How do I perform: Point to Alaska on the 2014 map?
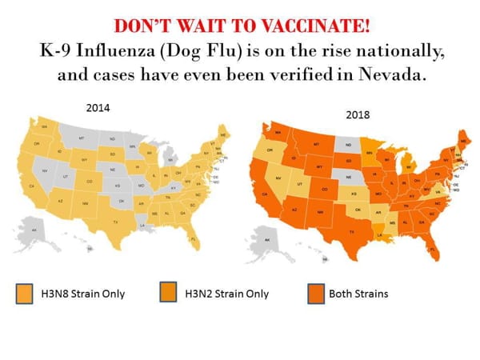tap(35, 230)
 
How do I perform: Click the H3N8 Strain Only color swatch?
tap(25, 293)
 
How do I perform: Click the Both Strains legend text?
tap(358, 294)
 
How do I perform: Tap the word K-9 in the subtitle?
tap(62, 50)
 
